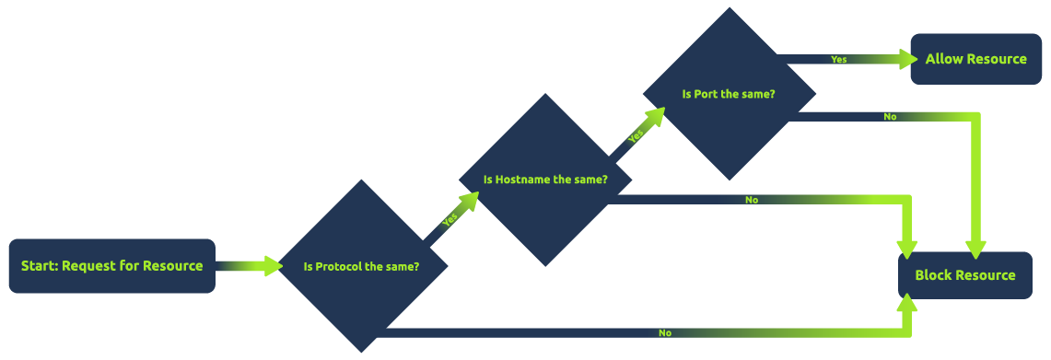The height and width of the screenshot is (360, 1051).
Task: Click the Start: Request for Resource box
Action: point(111,266)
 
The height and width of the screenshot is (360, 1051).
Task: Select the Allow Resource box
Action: point(975,59)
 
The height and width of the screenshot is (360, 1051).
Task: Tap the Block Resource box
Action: point(964,275)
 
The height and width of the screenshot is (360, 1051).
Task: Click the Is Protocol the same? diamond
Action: point(362,267)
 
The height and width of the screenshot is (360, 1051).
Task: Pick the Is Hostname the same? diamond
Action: point(545,180)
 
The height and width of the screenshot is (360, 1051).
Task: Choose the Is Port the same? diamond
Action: point(729,94)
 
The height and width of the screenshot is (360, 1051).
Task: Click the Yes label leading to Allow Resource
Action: point(838,60)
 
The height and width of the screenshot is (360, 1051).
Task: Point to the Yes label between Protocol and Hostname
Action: point(450,220)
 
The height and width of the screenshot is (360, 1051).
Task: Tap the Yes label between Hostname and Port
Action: point(636,135)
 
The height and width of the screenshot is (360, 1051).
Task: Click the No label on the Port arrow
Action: point(890,117)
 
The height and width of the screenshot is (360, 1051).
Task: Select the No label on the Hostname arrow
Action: point(752,200)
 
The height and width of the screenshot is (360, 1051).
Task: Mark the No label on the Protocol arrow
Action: point(664,332)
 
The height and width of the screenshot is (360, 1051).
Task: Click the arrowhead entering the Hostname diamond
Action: point(470,202)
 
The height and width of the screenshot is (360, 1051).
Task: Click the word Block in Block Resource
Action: point(933,275)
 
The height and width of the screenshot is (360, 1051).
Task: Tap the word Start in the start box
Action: point(40,266)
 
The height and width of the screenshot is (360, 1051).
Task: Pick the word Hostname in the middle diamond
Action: point(522,180)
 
